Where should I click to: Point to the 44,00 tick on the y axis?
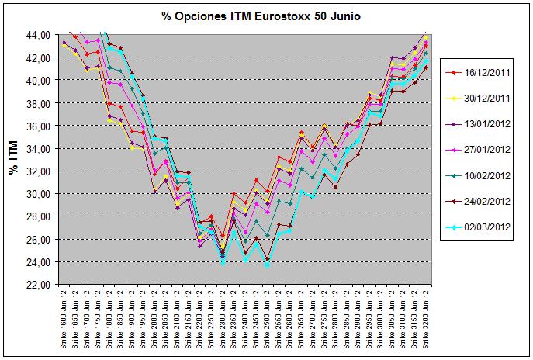click(x=40, y=34)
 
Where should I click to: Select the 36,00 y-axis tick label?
click(x=40, y=126)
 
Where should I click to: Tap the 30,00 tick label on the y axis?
click(x=40, y=194)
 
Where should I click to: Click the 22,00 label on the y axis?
click(x=40, y=285)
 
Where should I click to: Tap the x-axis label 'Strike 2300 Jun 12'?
click(x=223, y=317)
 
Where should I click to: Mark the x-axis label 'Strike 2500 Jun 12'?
click(x=268, y=317)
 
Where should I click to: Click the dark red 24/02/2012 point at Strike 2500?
click(x=268, y=259)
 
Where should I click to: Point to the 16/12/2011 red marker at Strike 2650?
click(x=302, y=133)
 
